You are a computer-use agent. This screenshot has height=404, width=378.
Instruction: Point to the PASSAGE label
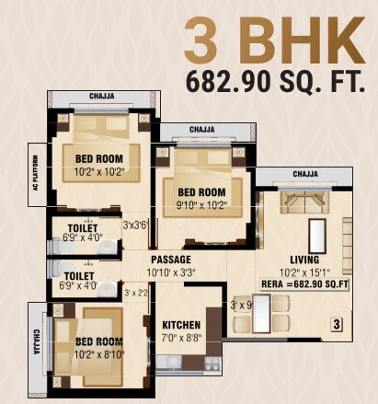[171, 260]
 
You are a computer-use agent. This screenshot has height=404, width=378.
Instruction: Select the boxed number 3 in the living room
[337, 324]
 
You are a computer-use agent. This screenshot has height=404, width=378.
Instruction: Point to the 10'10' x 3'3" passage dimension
[171, 273]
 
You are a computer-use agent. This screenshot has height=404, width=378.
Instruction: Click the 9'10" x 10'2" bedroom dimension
[202, 205]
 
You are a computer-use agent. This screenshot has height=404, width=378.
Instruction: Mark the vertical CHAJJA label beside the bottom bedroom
[36, 344]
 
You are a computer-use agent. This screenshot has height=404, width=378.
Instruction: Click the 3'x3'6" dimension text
[137, 224]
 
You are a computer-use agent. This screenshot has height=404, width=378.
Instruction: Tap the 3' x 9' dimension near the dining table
[240, 304]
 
